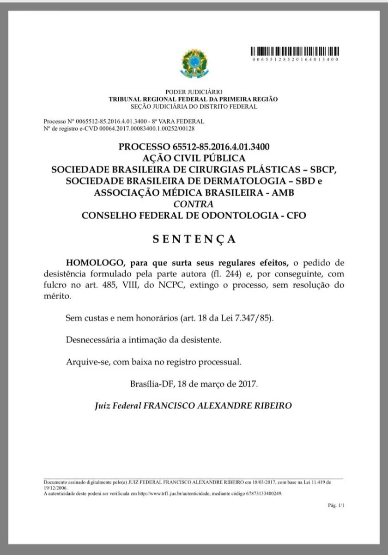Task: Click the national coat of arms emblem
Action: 194,64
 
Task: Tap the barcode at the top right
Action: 296,51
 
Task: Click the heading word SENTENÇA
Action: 194,239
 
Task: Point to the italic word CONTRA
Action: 194,204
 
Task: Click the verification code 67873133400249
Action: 262,493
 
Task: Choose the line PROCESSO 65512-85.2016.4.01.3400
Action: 194,147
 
